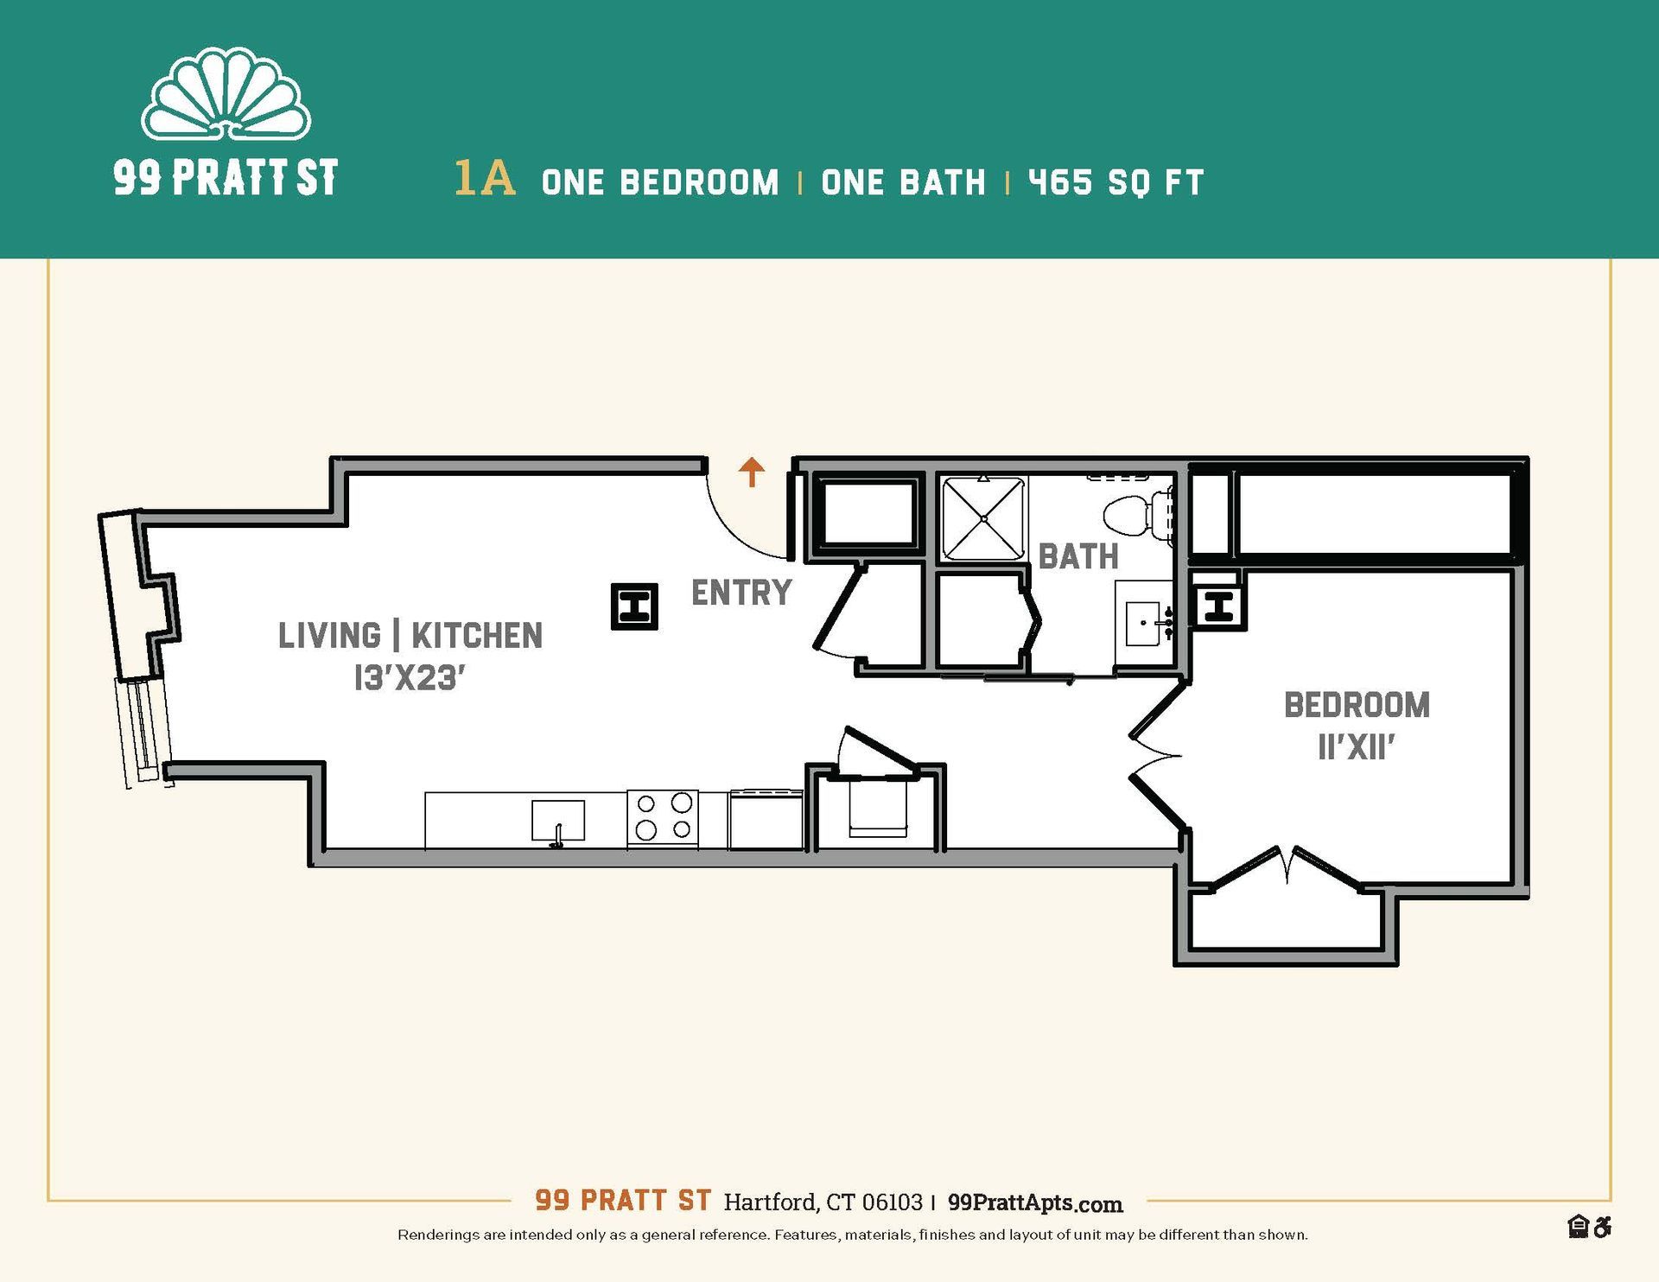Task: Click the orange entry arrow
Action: [752, 472]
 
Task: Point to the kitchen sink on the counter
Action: [557, 821]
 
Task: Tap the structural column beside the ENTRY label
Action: [634, 606]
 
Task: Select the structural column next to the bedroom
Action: [1217, 606]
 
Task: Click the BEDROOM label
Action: [1356, 706]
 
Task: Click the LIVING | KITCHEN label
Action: [410, 636]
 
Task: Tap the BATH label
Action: [1078, 556]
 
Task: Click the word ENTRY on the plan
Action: [741, 593]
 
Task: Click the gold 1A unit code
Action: [485, 179]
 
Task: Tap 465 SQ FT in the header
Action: [1116, 182]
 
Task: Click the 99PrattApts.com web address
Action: [1034, 1203]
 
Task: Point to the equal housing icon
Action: [1578, 1227]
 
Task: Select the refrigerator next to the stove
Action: [766, 819]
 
